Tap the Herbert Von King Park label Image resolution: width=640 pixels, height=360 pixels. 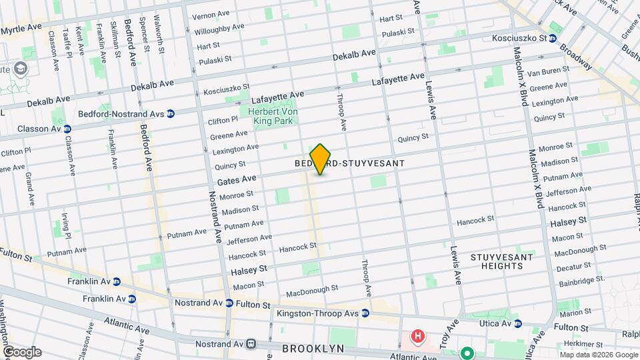click(x=271, y=116)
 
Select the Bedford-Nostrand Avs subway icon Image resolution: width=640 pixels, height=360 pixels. click(x=171, y=114)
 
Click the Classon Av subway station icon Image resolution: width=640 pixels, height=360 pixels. click(x=67, y=128)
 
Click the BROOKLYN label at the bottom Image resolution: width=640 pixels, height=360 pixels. click(x=313, y=349)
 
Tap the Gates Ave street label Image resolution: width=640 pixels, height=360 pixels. click(x=237, y=180)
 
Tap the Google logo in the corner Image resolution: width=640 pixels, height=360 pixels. click(x=22, y=352)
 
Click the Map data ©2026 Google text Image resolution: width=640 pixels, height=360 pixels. click(x=598, y=355)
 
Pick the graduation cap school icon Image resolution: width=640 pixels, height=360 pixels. click(x=21, y=69)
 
